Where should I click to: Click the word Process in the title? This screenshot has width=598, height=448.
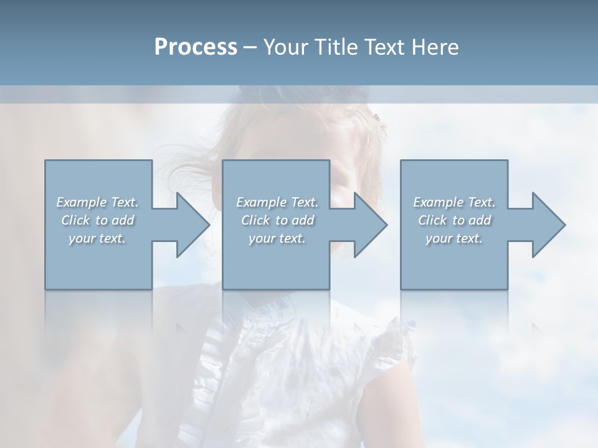(196, 47)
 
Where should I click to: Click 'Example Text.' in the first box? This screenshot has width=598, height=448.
(97, 202)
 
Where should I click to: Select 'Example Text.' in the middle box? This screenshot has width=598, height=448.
(277, 202)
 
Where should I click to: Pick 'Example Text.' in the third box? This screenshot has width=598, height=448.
(454, 202)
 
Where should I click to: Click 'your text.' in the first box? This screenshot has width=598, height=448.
(97, 238)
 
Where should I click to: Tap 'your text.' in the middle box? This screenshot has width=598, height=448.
(277, 238)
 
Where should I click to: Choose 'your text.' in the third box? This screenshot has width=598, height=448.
(454, 238)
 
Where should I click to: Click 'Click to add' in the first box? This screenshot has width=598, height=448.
(97, 220)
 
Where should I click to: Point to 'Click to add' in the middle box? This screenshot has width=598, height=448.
(277, 220)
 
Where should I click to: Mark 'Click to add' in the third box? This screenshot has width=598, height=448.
(454, 220)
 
